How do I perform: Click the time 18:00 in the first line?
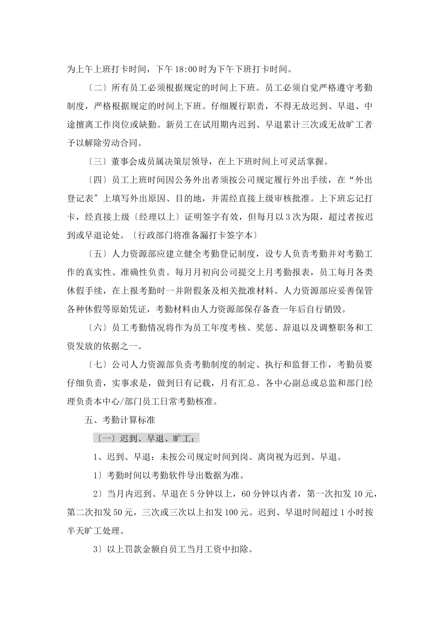187,69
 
